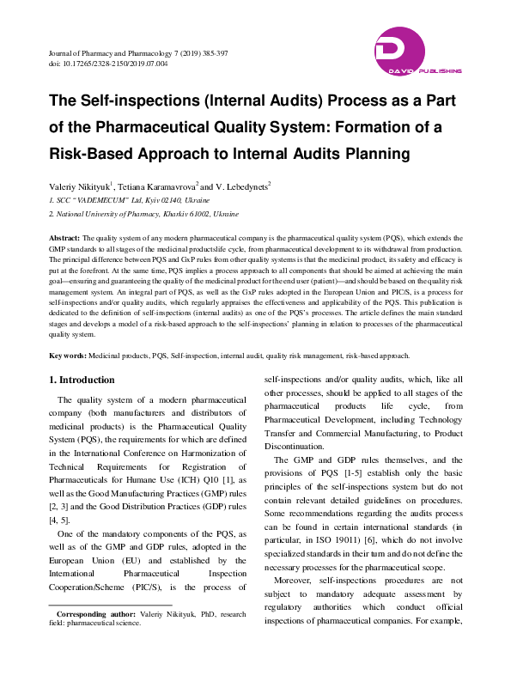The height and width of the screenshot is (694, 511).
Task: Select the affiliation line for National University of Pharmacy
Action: click(x=141, y=211)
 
